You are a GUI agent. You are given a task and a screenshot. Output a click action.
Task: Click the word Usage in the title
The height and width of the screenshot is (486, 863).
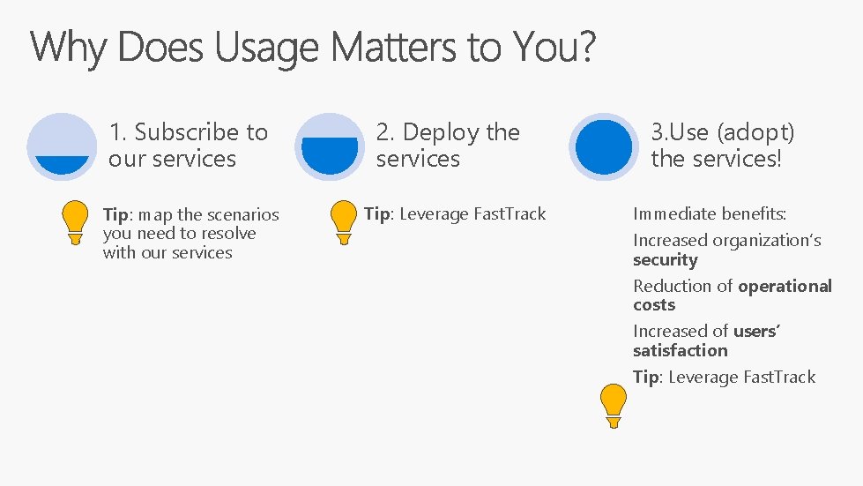coord(264,49)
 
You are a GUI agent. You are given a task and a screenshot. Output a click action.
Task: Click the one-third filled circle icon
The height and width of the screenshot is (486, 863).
coord(62,146)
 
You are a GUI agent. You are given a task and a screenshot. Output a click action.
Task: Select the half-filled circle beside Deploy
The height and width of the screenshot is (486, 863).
coord(330,146)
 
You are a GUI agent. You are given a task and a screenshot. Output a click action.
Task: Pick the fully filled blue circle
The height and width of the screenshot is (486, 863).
coord(604,146)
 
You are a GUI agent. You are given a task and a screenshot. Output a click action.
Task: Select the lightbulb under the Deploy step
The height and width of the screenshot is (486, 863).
coord(344,222)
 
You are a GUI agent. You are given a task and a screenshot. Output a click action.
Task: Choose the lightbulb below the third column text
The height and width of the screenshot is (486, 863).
coord(614,406)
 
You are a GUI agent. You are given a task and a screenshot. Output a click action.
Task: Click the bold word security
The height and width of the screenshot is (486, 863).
coord(665,260)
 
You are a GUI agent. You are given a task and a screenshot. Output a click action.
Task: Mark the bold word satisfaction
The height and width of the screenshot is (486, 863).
coord(680,350)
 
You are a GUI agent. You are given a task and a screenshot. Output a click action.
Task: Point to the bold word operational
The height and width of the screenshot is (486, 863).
coord(785,286)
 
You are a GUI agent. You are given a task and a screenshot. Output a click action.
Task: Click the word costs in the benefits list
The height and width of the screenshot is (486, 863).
coord(654,305)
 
